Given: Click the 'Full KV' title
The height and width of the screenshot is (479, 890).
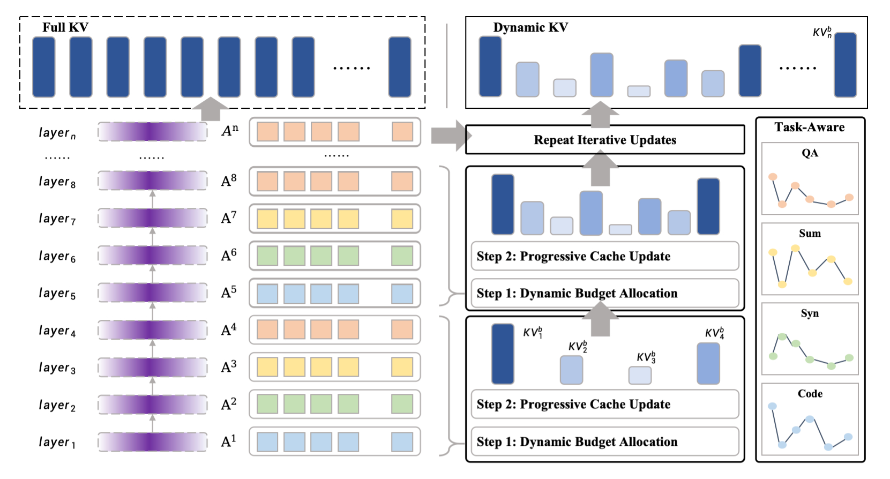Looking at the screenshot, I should pos(65,27).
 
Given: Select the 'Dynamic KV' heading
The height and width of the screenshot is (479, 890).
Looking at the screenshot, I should pos(530,27).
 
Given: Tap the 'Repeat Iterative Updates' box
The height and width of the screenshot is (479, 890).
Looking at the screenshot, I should pos(605,140).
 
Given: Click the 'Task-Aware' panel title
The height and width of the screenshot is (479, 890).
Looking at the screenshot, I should pos(809,128).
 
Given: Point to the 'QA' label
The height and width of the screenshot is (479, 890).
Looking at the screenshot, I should pos(810,153).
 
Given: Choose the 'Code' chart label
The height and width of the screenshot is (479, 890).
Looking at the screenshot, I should pos(810,394).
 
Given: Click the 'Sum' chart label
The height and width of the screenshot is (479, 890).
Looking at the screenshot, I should pos(810,234).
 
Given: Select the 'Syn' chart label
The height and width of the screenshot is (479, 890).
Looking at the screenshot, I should pos(810,313).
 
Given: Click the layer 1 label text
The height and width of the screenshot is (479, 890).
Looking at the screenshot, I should pos(57,442).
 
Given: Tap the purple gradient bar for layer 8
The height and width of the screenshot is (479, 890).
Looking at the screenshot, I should pos(153,181).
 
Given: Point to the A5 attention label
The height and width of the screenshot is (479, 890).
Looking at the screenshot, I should pos(229,293).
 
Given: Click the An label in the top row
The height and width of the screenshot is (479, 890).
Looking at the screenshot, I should pos(230,131).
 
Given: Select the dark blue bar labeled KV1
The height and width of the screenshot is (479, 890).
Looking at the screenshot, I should pos(503,354).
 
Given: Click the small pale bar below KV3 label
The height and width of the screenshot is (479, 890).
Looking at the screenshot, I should pos(640,375).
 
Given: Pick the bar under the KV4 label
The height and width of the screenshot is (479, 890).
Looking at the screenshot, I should pos(708,363).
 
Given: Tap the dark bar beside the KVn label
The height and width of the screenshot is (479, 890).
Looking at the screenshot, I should pos(845,65).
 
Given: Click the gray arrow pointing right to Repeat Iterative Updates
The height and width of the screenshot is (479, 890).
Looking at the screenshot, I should pos(449,136).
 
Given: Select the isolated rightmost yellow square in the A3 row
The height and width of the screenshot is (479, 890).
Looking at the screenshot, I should pos(402,367).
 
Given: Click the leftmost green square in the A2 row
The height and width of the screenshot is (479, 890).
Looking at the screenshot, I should pos(267,404).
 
